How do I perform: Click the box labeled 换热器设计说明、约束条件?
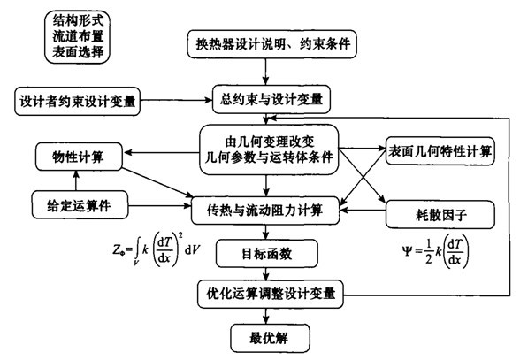(272, 44)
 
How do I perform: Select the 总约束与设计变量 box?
(271, 100)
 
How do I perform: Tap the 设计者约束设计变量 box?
(77, 101)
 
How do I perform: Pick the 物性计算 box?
(79, 157)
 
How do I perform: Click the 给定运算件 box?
(80, 204)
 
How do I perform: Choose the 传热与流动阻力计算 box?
(265, 210)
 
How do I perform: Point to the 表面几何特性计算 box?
(440, 151)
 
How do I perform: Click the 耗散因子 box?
(440, 215)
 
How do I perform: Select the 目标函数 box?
(267, 254)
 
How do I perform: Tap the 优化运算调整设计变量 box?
(271, 294)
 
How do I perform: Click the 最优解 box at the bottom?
(271, 338)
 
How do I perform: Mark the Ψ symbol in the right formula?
(407, 252)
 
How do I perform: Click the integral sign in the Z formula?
(137, 249)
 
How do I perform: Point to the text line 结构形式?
(78, 20)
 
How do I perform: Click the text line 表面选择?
(78, 51)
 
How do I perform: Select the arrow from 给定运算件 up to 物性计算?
(76, 180)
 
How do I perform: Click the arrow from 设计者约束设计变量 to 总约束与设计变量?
(176, 100)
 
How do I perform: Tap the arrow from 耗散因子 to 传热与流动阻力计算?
(363, 210)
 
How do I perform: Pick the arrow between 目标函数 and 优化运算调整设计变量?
(266, 273)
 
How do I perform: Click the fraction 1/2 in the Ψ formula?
(428, 252)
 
